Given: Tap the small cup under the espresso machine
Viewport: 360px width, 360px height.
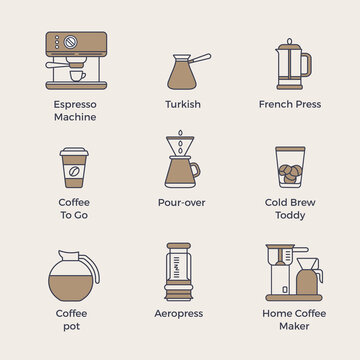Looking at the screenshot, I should pos(75,75).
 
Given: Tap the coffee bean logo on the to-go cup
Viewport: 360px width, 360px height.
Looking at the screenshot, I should pos(75,172).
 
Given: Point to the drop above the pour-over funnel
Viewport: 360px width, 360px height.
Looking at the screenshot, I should pos(181,132).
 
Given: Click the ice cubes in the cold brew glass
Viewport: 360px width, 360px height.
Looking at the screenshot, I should pos(289,171).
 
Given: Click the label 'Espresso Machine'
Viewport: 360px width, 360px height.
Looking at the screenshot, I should pos(75,110).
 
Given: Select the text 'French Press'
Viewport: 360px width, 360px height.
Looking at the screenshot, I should pos(289,104).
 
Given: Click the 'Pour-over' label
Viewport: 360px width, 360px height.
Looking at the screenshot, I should pos(182,201).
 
